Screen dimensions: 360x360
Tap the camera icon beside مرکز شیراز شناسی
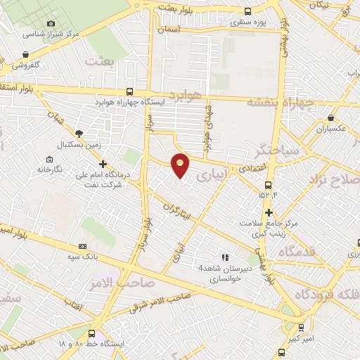pyautogui.click(x=51, y=22)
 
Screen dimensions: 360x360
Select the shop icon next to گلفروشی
pyautogui.click(x=26, y=54)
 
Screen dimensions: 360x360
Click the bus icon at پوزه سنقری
pyautogui.click(x=247, y=11)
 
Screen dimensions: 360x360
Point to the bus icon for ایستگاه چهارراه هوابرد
pyautogui.click(x=130, y=91)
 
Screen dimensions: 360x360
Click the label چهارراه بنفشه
pyautogui.click(x=290, y=103)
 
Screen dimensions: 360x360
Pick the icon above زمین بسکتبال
pyautogui.click(x=79, y=133)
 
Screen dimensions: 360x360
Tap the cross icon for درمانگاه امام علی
pyautogui.click(x=103, y=164)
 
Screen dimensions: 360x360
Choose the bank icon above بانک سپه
pyautogui.click(x=83, y=246)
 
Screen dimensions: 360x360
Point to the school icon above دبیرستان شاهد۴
pyautogui.click(x=225, y=257)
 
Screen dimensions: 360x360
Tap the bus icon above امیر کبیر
pyautogui.click(x=302, y=327)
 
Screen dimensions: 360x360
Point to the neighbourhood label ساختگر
pyautogui.click(x=279, y=150)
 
